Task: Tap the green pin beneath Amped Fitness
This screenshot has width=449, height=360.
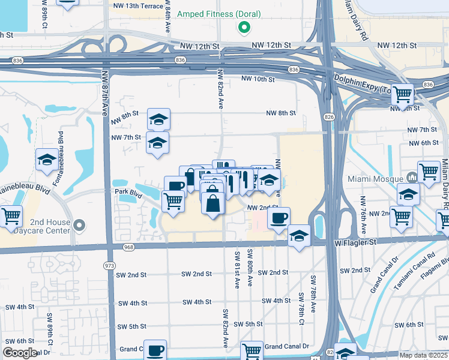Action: point(244,28)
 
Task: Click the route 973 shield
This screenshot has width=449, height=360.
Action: point(109,265)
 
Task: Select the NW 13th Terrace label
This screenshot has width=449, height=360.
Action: point(138,6)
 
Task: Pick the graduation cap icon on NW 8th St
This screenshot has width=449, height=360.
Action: point(158,119)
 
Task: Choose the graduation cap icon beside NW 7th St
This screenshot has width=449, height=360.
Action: point(157,143)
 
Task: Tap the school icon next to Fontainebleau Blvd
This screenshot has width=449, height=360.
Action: point(47,160)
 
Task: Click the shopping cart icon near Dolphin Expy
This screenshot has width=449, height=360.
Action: point(403,94)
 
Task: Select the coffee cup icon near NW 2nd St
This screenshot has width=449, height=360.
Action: point(278,218)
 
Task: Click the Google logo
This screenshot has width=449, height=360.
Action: point(20,353)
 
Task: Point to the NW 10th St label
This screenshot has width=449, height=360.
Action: point(258,79)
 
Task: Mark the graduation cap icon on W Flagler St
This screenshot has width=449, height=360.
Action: point(299,236)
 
